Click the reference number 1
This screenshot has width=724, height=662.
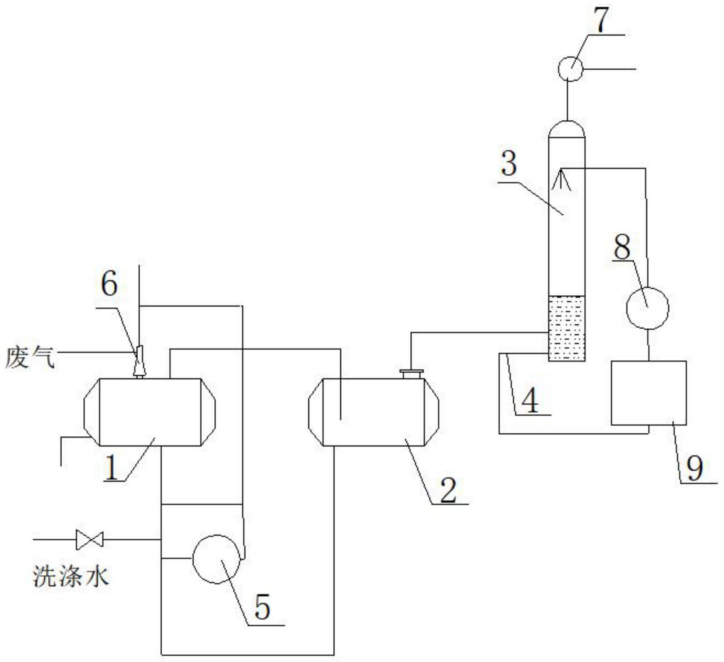112,467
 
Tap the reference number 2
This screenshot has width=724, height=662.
448,489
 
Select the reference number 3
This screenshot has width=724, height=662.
509,164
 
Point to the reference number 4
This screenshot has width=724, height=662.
530,401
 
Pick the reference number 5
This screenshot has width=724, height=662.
262,606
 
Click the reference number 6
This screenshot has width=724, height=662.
109,285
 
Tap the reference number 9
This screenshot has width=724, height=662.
695,468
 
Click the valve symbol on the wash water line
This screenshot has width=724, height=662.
90,540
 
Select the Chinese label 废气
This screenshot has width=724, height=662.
30,358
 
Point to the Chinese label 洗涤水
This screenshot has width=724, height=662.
71,577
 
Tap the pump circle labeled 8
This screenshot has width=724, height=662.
647,308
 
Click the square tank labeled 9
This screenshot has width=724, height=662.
649,393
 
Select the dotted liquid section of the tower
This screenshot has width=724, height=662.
566,328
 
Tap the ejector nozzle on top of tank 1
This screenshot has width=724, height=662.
139,361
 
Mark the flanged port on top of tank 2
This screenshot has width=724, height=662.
411,374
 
